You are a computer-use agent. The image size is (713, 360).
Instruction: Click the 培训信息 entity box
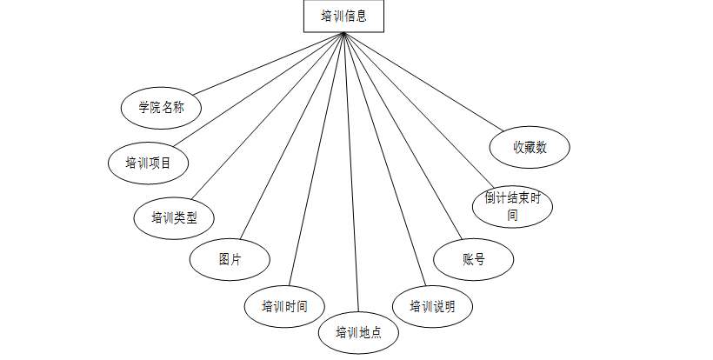(x=343, y=16)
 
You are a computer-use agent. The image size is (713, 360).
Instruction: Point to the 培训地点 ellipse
(x=358, y=331)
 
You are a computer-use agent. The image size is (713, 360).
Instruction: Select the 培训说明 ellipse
(x=432, y=306)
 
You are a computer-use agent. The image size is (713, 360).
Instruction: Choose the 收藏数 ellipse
(x=530, y=147)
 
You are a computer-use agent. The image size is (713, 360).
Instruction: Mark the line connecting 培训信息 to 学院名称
(x=270, y=63)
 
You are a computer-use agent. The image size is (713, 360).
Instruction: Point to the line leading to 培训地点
(x=350, y=174)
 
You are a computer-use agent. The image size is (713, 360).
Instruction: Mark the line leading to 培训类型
(x=270, y=115)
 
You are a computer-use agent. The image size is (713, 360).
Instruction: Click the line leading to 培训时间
(x=318, y=159)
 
